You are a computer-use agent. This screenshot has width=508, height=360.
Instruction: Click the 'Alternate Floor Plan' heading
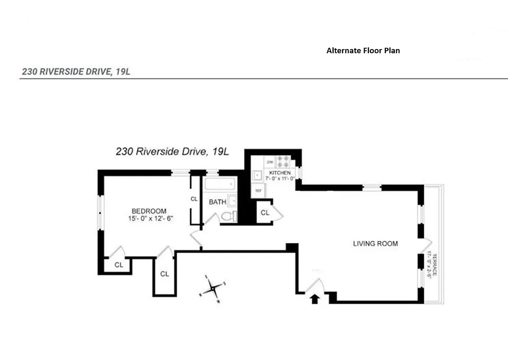pyautogui.click(x=363, y=51)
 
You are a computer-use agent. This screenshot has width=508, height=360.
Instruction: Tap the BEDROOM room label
pyautogui.click(x=149, y=211)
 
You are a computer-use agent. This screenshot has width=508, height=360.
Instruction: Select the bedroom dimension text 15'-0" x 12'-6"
pyautogui.click(x=150, y=219)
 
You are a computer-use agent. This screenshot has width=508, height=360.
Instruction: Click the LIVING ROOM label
pyautogui.click(x=375, y=244)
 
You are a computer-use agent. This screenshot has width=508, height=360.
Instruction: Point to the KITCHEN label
pyautogui.click(x=280, y=173)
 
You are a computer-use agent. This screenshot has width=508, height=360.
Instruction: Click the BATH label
pyautogui.click(x=217, y=202)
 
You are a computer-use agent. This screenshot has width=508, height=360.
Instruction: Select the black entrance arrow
pyautogui.click(x=315, y=298)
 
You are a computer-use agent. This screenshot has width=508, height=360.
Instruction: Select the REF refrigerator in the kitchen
pyautogui.click(x=258, y=190)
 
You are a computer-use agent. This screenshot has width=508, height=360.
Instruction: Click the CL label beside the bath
pyautogui.click(x=194, y=199)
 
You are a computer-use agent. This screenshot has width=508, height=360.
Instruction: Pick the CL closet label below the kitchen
pyautogui.click(x=265, y=213)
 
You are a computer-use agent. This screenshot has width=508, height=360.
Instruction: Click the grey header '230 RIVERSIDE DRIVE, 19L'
pyautogui.click(x=76, y=72)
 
